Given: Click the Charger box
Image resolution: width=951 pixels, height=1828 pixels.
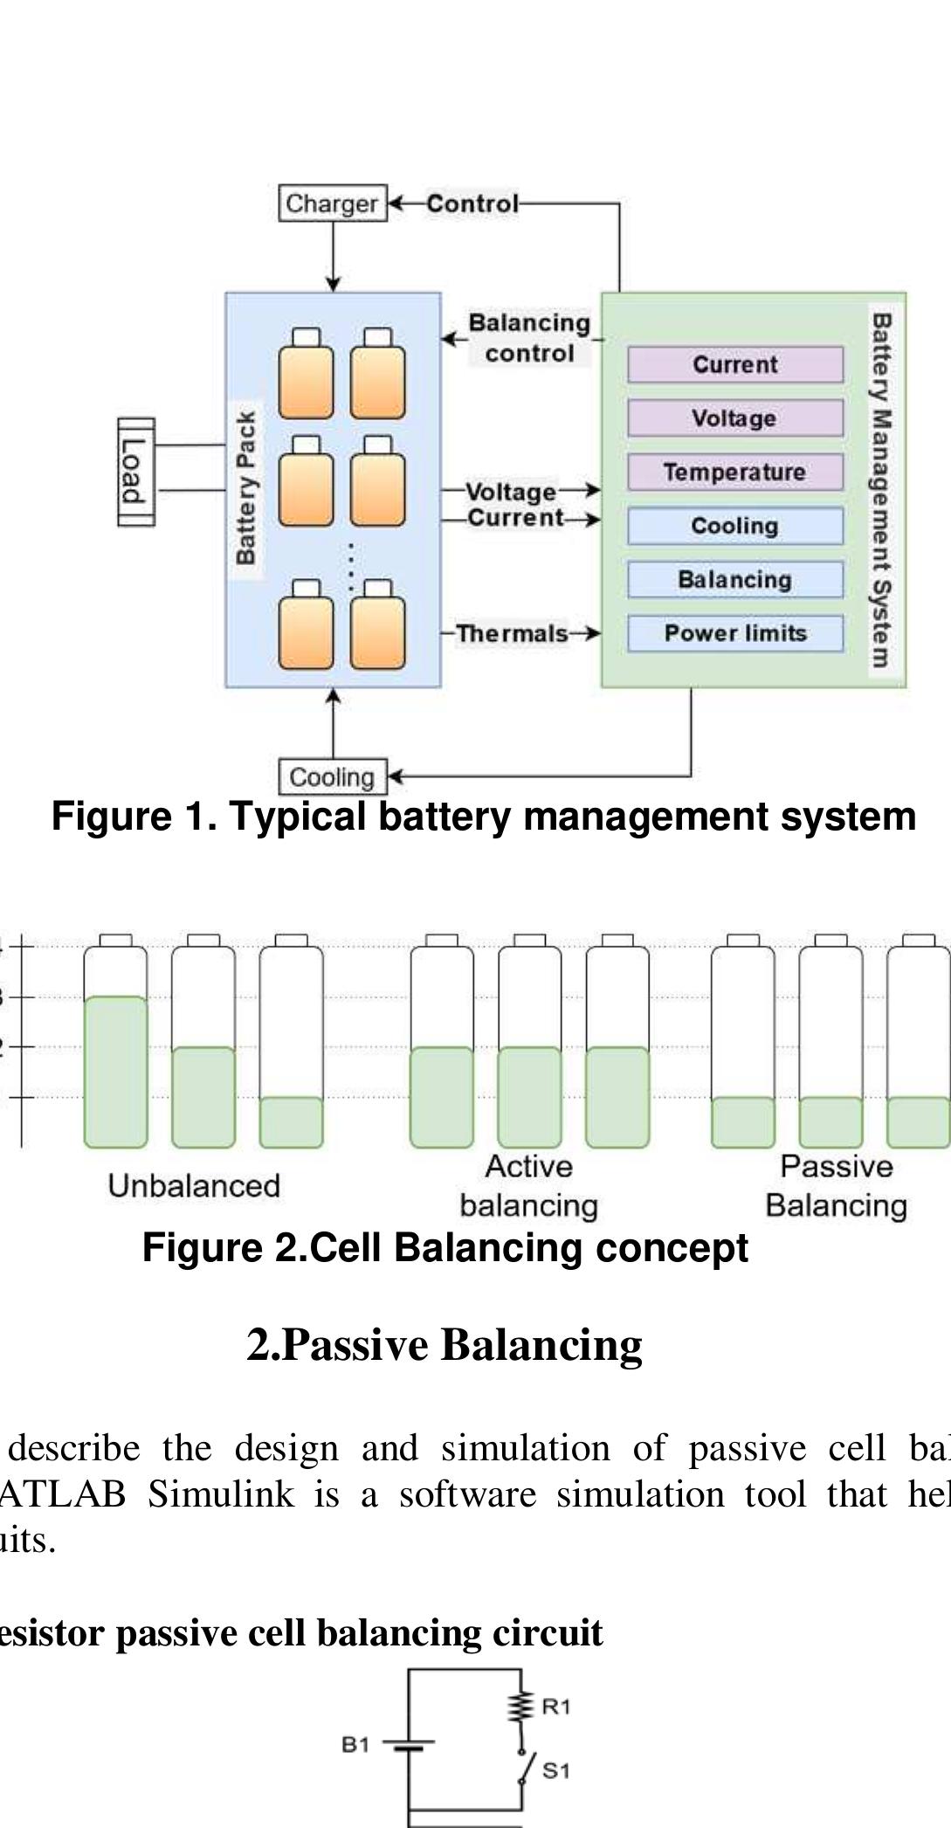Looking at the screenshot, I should (332, 203).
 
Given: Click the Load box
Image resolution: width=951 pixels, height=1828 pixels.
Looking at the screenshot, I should (135, 472).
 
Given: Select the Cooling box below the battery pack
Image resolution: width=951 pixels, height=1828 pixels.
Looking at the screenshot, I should (332, 776).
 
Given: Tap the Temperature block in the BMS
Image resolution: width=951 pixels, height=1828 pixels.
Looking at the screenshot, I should (734, 473).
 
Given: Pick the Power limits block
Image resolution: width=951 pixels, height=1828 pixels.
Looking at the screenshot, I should (734, 633).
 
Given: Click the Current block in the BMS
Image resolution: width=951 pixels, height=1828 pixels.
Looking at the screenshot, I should (734, 364).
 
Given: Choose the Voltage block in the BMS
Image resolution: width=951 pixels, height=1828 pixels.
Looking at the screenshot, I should (734, 418).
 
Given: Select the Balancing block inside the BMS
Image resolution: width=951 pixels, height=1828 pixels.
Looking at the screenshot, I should (734, 580).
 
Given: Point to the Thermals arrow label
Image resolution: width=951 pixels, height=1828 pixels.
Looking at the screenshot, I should (512, 633).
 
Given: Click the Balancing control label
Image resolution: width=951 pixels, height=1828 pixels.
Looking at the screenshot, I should (529, 338).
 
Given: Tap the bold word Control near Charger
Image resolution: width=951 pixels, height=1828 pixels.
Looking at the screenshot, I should (472, 203).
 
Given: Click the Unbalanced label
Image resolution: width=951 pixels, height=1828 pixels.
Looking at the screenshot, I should (194, 1186).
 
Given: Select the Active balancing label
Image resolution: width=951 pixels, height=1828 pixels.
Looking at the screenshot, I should (528, 1186).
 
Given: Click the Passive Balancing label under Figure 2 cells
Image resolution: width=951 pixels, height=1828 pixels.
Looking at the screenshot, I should (836, 1186).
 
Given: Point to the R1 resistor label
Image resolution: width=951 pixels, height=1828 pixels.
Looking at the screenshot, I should (556, 1706).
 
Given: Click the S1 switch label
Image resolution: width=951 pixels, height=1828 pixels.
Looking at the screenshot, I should (556, 1770).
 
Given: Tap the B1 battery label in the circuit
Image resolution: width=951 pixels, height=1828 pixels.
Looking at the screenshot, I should (355, 1744).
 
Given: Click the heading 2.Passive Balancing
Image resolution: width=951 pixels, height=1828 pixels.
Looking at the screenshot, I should (444, 1344).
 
